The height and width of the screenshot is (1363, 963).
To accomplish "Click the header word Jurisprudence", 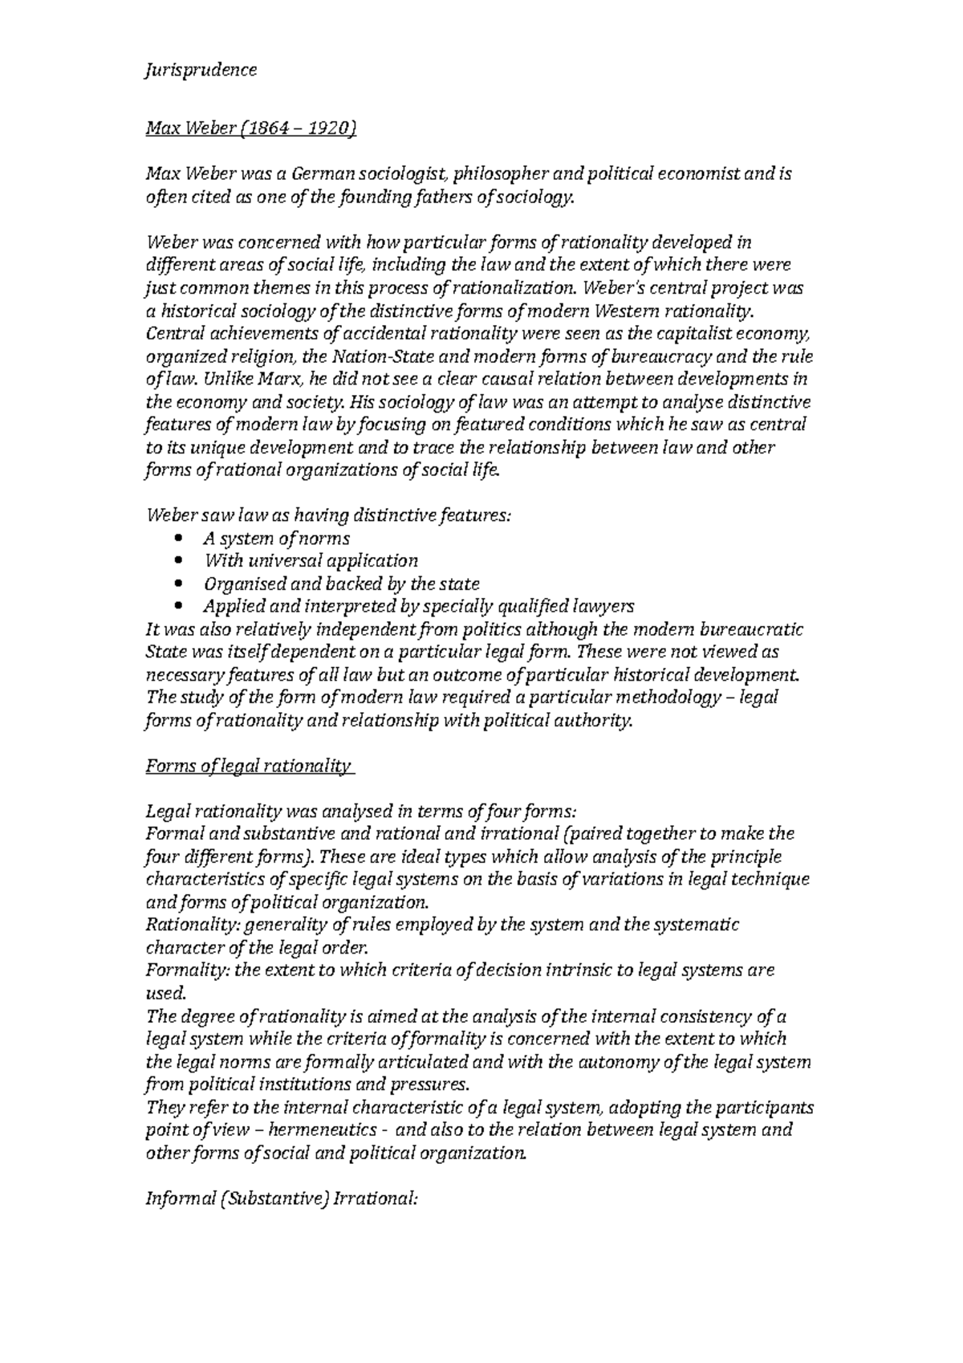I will [x=201, y=70].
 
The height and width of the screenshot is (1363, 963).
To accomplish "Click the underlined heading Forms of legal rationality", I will [x=249, y=766].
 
